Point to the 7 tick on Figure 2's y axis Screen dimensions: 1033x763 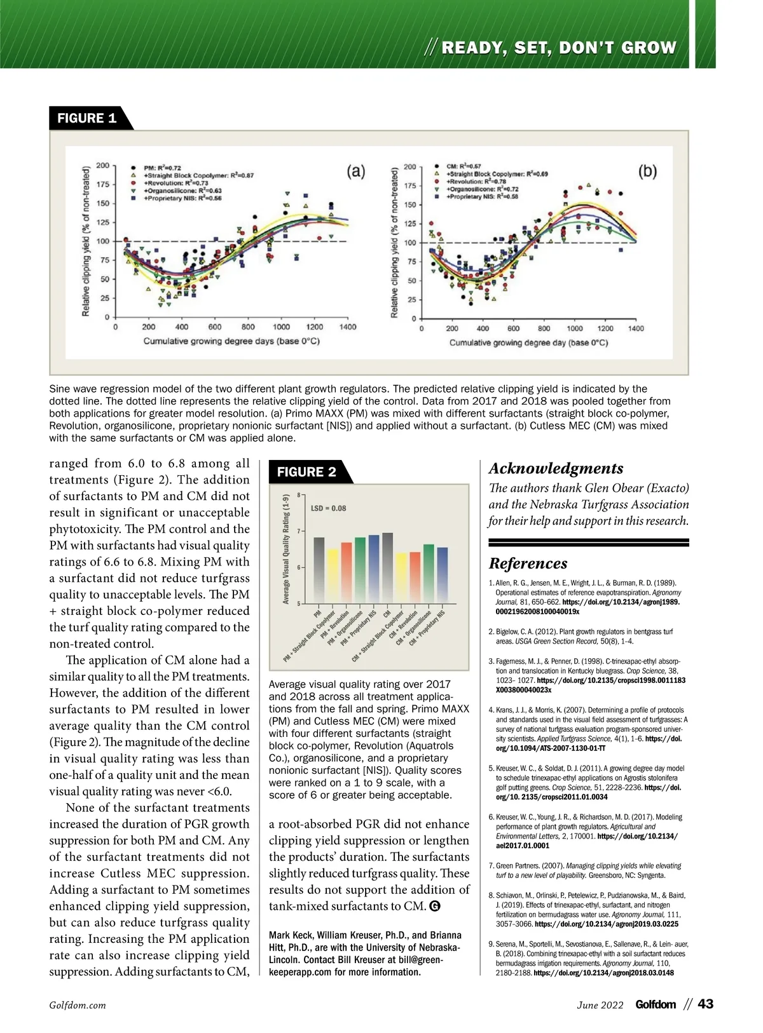(299, 531)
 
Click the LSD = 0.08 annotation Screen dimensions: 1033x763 (328, 508)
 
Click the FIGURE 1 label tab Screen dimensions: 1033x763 (87, 118)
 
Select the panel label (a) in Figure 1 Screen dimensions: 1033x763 (355, 171)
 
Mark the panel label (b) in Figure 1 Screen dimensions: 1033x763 (647, 172)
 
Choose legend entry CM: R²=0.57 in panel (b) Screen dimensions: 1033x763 (464, 166)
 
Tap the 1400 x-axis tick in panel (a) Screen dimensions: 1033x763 (348, 327)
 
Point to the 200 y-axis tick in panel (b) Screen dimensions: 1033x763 (410, 167)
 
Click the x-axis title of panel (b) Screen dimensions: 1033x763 (528, 343)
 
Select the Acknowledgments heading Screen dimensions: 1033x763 (556, 469)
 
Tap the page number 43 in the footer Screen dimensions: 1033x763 (705, 1004)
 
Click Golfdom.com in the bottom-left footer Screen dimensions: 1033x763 (78, 1006)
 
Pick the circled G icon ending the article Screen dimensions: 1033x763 (436, 907)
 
